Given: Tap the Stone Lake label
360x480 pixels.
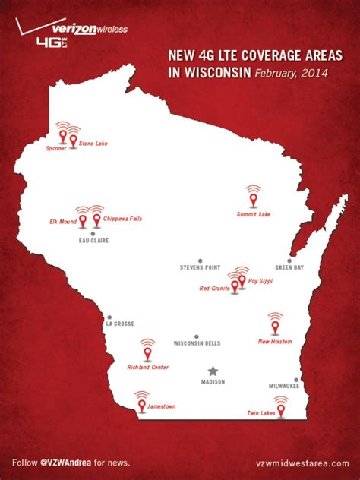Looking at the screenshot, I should click(93, 143).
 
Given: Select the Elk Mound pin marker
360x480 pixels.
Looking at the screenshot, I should click(83, 221).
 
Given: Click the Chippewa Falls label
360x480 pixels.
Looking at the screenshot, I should click(122, 219).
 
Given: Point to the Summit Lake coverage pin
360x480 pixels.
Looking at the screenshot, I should click(254, 199).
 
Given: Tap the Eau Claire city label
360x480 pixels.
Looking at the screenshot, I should click(93, 241).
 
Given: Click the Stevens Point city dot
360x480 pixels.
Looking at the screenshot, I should click(201, 261).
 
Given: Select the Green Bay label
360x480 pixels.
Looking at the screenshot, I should click(289, 268).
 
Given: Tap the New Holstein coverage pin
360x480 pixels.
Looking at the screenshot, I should click(275, 327).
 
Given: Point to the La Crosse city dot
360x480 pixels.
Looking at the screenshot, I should click(109, 317).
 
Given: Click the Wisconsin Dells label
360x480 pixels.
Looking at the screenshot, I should click(197, 343).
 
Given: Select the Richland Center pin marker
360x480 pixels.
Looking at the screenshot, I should click(147, 353).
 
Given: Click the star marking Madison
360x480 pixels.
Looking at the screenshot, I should click(213, 371).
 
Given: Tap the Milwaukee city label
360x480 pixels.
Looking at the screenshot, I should click(285, 387).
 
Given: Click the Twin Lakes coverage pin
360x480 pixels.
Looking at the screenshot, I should click(281, 410).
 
